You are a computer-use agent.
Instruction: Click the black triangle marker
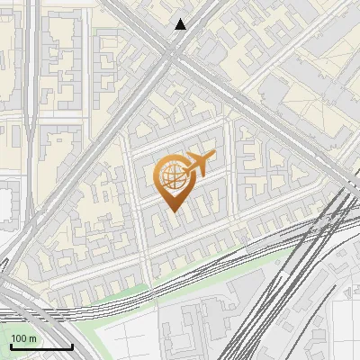(x=181, y=24)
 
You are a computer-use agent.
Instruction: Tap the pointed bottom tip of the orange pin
(x=175, y=212)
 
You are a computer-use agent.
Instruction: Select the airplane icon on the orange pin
(x=197, y=166)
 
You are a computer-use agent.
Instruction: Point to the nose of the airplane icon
(x=213, y=157)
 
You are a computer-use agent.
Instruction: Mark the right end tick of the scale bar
(x=72, y=345)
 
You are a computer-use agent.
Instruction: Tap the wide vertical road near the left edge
(x=32, y=135)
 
